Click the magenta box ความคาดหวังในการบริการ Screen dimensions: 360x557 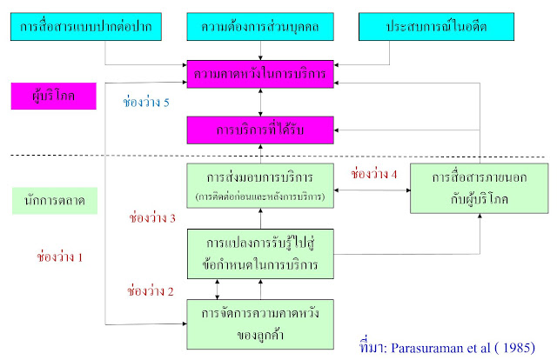pyautogui.click(x=260, y=74)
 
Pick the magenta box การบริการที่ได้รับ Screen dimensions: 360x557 pyautogui.click(x=260, y=130)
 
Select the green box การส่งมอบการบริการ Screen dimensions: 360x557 pyautogui.click(x=260, y=184)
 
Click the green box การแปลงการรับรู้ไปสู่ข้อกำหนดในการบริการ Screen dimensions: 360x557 pyautogui.click(x=260, y=251)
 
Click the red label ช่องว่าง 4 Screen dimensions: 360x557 pyautogui.click(x=373, y=174)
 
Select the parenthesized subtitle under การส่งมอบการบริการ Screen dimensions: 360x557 pyautogui.click(x=260, y=197)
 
